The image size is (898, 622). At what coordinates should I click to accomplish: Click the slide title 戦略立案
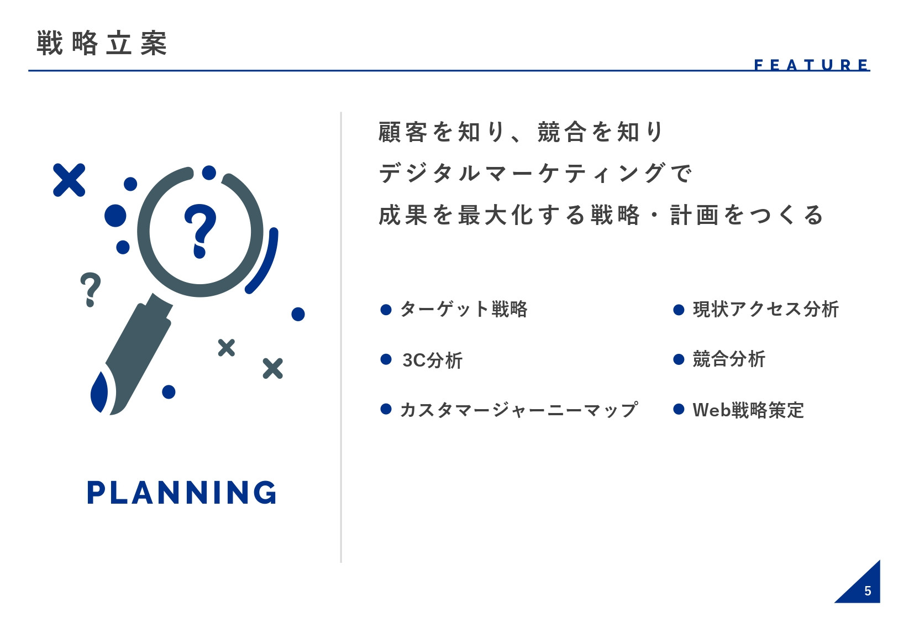click(102, 43)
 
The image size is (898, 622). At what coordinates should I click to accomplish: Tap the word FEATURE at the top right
click(811, 65)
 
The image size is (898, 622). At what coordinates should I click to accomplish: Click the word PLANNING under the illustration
click(182, 493)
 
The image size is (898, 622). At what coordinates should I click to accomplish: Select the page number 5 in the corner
click(868, 591)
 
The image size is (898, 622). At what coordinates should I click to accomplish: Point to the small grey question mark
click(91, 289)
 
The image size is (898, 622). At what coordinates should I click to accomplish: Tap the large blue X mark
click(69, 180)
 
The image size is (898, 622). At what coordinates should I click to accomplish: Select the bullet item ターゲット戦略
click(464, 309)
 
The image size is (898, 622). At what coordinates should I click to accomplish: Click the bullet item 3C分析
click(432, 360)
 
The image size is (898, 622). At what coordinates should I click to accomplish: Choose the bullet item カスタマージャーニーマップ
click(519, 410)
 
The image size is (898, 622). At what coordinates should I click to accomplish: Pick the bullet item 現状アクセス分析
click(765, 309)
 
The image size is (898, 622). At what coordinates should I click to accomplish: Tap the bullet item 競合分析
click(729, 359)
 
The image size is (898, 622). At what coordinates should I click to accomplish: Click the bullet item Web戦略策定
click(748, 410)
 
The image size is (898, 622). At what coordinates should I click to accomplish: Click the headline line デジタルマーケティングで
click(535, 174)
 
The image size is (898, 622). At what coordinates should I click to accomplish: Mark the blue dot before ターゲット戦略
click(386, 310)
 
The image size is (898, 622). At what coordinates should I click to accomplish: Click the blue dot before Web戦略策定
click(679, 410)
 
